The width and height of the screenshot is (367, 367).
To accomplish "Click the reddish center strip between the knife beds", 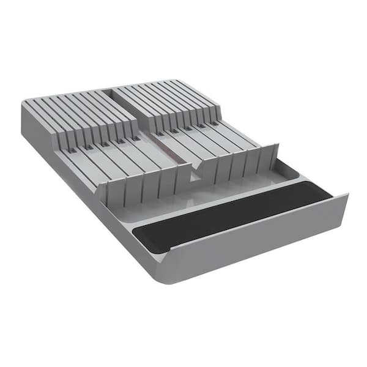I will (168, 147).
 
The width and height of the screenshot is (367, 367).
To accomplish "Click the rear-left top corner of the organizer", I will (26, 103).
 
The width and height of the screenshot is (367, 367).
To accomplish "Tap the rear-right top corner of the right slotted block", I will (179, 81).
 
